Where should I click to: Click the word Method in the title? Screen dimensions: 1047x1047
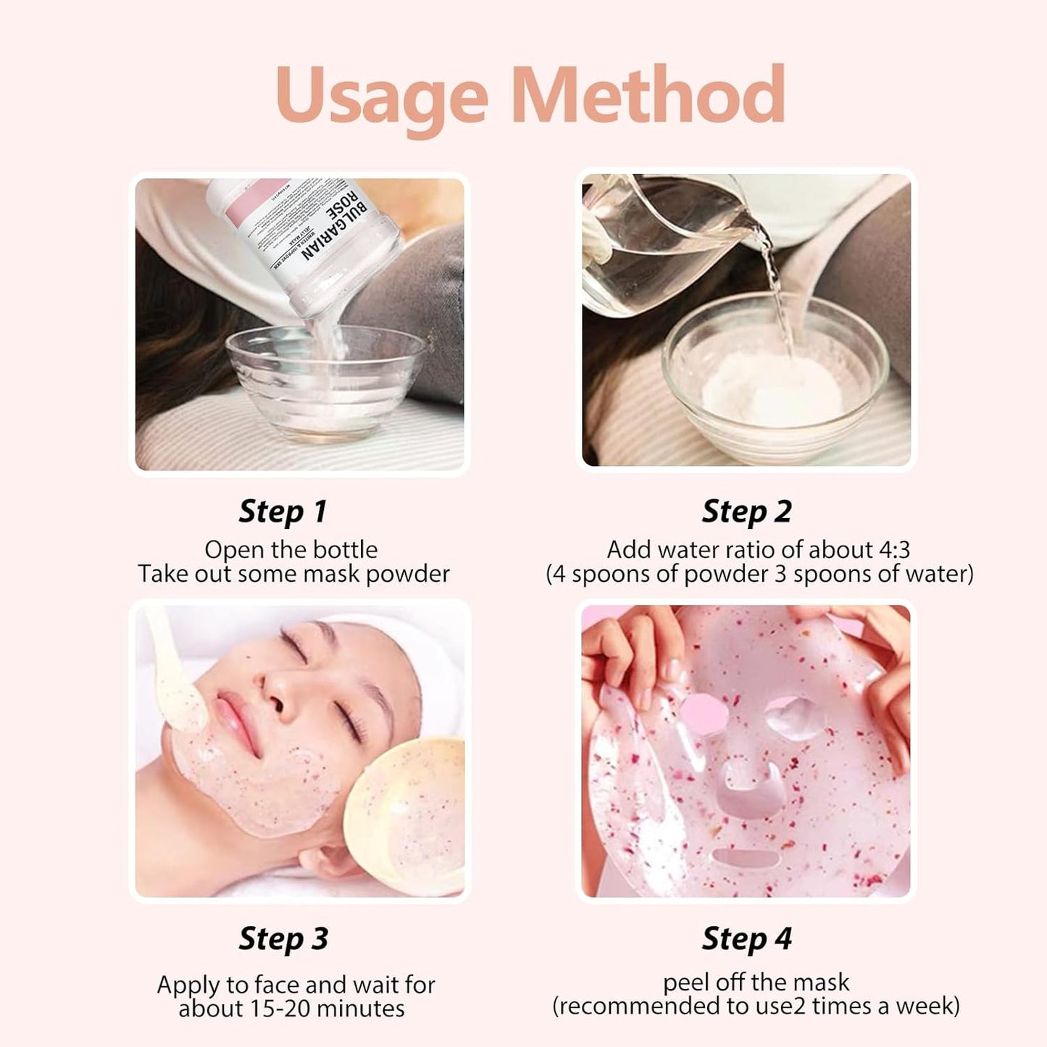[x=648, y=96]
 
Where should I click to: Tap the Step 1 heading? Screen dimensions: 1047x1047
[x=283, y=512]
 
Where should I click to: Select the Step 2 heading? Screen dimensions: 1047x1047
[x=746, y=512]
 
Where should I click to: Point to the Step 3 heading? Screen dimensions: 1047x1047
[x=283, y=938]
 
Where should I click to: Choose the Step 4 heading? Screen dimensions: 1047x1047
[x=746, y=938]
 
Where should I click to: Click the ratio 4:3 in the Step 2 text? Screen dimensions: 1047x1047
[x=894, y=550]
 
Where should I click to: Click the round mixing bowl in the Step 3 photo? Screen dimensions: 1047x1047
[x=406, y=812]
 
